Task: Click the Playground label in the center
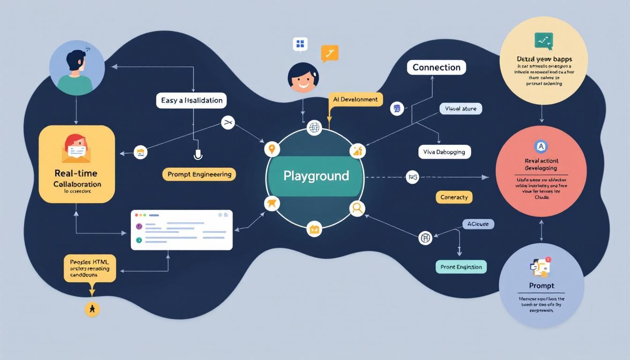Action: pos(316,176)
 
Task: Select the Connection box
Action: pos(436,67)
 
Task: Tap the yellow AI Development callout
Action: pos(355,99)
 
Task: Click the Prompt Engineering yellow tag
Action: pos(199,174)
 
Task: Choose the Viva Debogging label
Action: pos(444,152)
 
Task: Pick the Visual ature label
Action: pos(460,109)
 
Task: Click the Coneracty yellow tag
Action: pos(454,197)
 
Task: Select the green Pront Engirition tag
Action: pos(461,267)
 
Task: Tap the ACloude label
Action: pos(478,224)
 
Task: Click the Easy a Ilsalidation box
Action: pos(192,100)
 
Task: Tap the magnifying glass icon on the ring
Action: pos(357,208)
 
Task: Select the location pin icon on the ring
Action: pos(271,150)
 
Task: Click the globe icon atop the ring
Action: pos(314,127)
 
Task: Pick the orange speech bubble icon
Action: pos(330,54)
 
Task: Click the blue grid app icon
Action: pos(300,45)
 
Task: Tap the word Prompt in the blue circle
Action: pos(541,285)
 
